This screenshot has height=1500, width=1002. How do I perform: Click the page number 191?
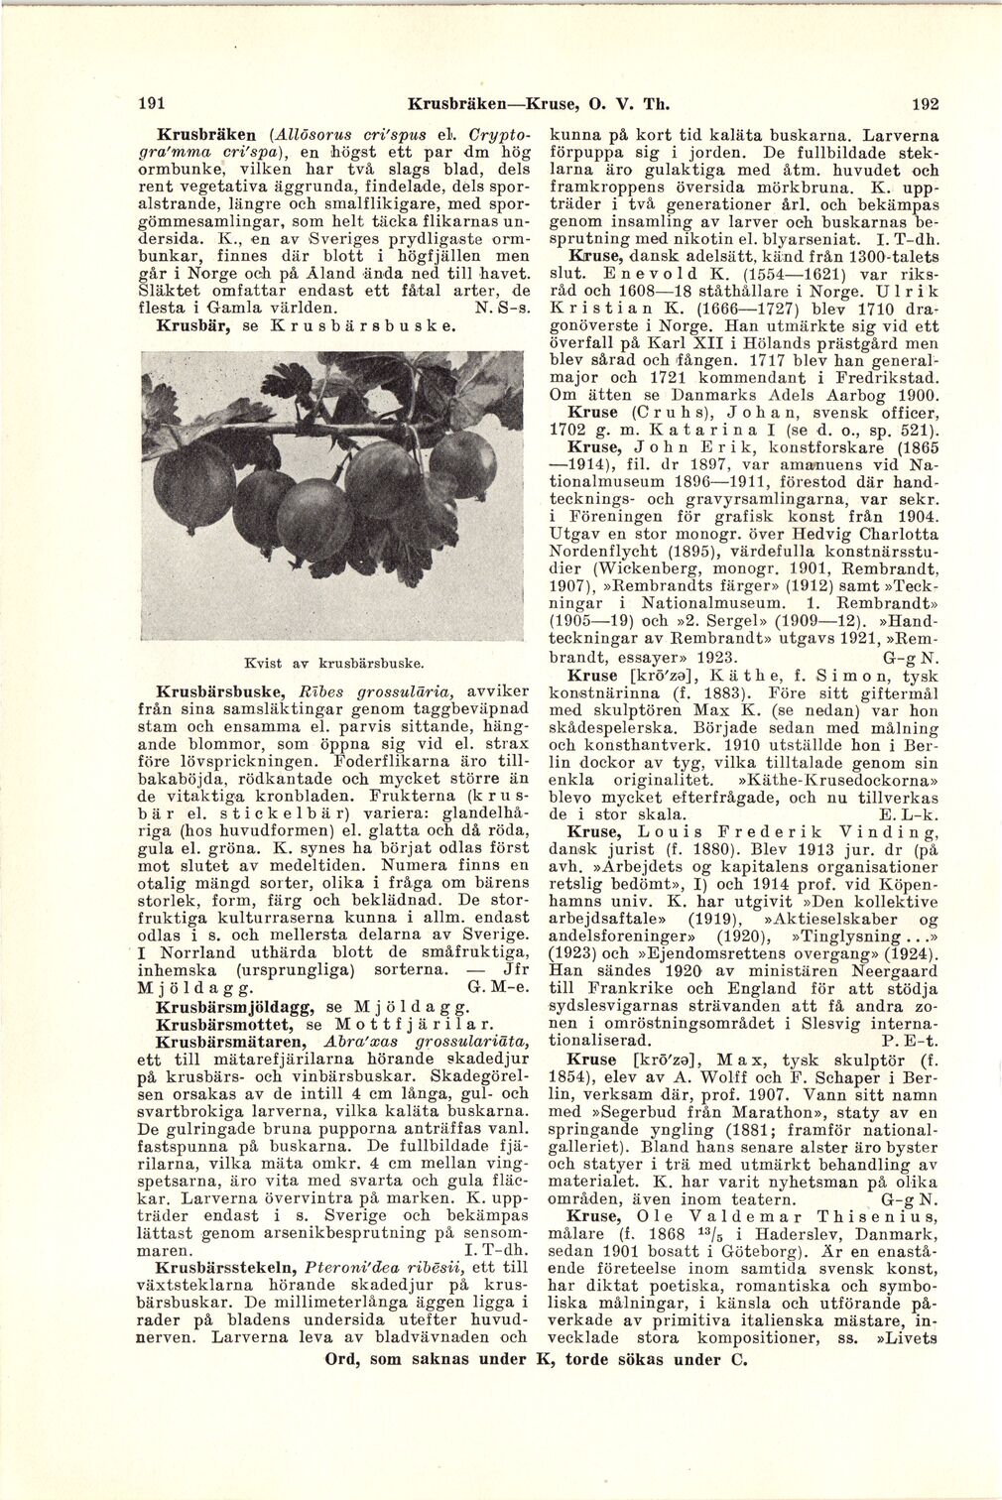click(151, 102)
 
